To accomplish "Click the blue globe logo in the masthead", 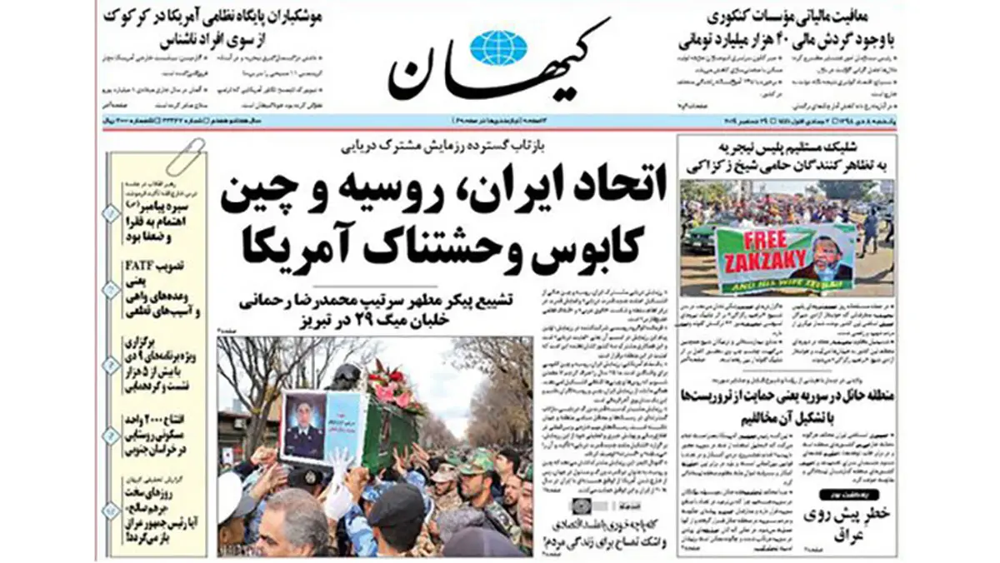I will click(x=498, y=47).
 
